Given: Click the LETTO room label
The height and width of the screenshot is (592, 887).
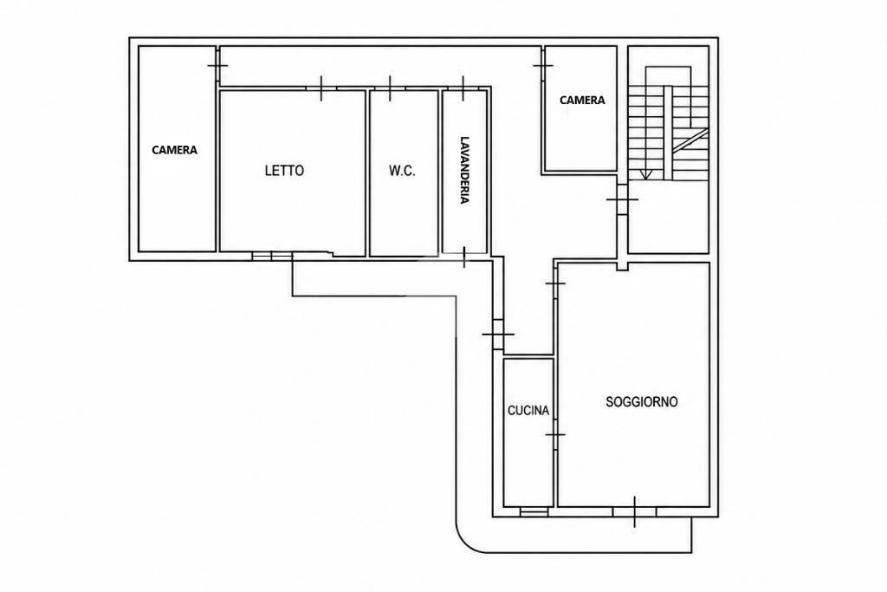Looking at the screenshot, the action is click(x=284, y=171).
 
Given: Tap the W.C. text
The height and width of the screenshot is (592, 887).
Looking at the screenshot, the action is click(x=402, y=171).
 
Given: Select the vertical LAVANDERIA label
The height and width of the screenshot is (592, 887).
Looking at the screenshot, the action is click(x=464, y=170).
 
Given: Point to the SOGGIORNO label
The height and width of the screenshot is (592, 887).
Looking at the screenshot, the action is click(x=642, y=402).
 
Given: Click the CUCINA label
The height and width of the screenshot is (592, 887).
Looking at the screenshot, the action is click(x=528, y=410).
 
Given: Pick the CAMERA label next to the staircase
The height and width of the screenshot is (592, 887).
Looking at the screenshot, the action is click(x=582, y=101).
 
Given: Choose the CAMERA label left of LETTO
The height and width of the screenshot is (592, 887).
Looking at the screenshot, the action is click(x=175, y=150).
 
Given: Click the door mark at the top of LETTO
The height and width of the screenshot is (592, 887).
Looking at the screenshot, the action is click(x=321, y=88).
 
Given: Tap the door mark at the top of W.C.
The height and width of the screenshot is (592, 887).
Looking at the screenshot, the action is click(x=390, y=88).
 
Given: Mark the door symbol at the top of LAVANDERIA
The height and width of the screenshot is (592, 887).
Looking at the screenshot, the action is click(x=463, y=88).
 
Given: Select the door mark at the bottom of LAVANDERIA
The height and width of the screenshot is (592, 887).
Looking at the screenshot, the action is click(x=464, y=257).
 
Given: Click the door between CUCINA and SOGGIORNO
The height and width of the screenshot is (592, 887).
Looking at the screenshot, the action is click(x=555, y=434).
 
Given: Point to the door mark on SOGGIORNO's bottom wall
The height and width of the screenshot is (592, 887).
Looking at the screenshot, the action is click(x=634, y=511).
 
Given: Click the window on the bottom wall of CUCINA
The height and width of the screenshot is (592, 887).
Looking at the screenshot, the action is click(x=534, y=511).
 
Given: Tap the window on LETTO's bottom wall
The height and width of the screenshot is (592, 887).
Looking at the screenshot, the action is click(x=272, y=257).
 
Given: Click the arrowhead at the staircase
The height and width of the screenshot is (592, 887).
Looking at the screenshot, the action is click(x=645, y=174).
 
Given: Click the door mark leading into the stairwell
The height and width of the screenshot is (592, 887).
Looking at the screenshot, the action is click(x=622, y=199).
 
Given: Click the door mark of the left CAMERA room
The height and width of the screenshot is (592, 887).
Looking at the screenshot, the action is click(x=217, y=66).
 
